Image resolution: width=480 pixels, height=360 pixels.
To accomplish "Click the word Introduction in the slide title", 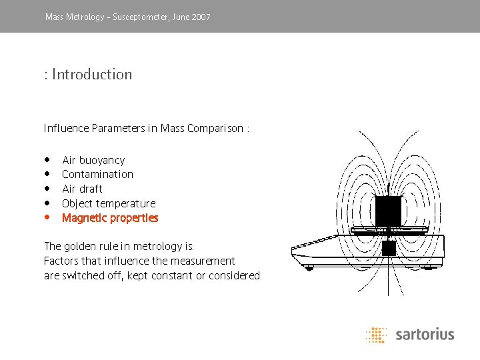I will click(92, 74).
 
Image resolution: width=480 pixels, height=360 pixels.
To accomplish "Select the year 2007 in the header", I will click(200, 17).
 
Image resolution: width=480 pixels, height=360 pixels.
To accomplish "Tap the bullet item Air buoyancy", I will click(93, 160).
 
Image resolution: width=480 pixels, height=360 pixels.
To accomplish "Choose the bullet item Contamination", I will click(97, 175).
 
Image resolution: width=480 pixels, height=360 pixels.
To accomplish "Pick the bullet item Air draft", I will click(82, 189).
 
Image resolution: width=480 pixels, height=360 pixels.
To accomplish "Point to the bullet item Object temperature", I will click(109, 203).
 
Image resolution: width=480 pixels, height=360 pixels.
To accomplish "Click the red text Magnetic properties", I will click(110, 218).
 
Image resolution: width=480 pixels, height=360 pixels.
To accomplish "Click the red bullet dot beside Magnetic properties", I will click(47, 217).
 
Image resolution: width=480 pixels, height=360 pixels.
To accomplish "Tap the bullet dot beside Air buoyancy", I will click(47, 159).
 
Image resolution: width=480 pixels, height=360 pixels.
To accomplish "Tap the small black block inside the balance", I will click(389, 249).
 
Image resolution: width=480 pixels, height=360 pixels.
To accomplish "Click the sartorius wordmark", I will click(425, 334).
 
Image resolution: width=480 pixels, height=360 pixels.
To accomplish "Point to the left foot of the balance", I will click(308, 267).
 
